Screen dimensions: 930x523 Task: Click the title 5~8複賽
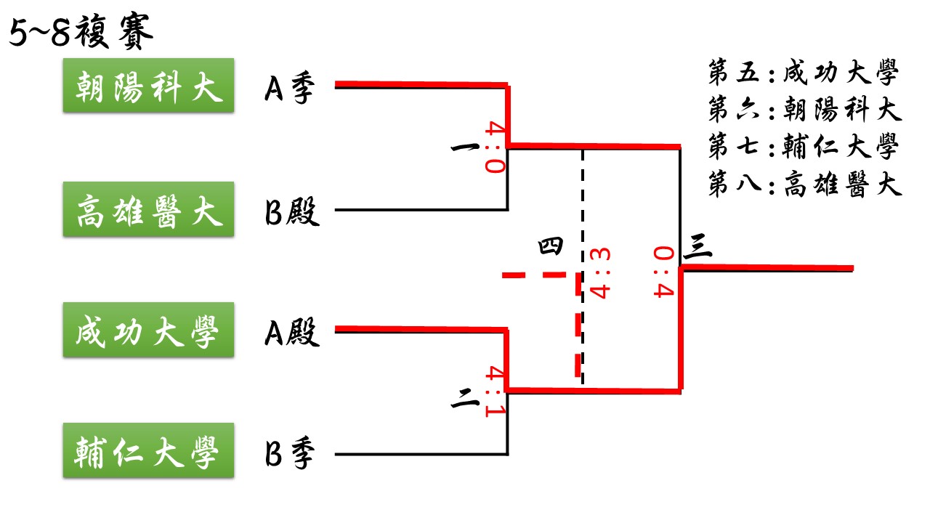pyautogui.click(x=81, y=32)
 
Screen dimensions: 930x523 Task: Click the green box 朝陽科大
pyautogui.click(x=149, y=86)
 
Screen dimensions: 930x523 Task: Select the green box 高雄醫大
pyautogui.click(x=149, y=209)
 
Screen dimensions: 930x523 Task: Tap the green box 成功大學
pyautogui.click(x=149, y=330)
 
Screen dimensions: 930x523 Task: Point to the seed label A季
pyautogui.click(x=290, y=88)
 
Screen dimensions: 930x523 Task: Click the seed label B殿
pyautogui.click(x=292, y=211)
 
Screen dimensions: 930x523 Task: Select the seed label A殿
pyautogui.click(x=292, y=332)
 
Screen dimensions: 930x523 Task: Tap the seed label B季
pyautogui.click(x=290, y=453)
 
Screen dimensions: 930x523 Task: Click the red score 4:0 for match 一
pyautogui.click(x=496, y=147)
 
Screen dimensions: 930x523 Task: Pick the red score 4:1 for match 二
pyautogui.click(x=496, y=391)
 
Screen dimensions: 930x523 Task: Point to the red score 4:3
pyautogui.click(x=600, y=273)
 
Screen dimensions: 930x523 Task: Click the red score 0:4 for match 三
pyautogui.click(x=663, y=272)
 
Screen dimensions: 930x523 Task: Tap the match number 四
pyautogui.click(x=551, y=246)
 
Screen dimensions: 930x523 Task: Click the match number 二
pyautogui.click(x=465, y=399)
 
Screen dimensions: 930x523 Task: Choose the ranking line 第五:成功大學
pyautogui.click(x=804, y=72)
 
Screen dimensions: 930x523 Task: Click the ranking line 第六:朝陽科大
pyautogui.click(x=804, y=109)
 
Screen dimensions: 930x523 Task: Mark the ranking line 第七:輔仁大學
pyautogui.click(x=804, y=146)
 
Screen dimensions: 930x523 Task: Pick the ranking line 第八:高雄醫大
pyautogui.click(x=804, y=184)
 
